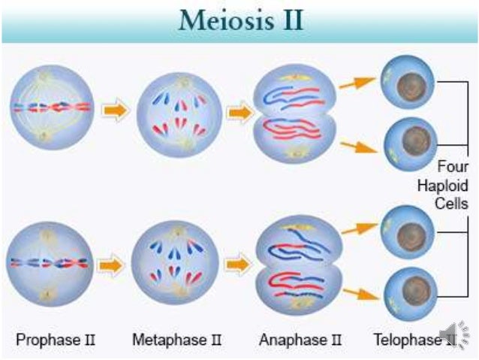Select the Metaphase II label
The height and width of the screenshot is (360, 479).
[x=177, y=340]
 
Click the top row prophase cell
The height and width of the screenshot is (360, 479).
[x=52, y=107]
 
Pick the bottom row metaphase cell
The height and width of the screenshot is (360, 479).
[x=176, y=265]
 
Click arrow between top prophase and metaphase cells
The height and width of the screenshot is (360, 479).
[x=115, y=110]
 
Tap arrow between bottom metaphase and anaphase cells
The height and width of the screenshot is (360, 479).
[x=239, y=265]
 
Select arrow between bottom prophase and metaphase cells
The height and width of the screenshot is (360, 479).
[x=113, y=265]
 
